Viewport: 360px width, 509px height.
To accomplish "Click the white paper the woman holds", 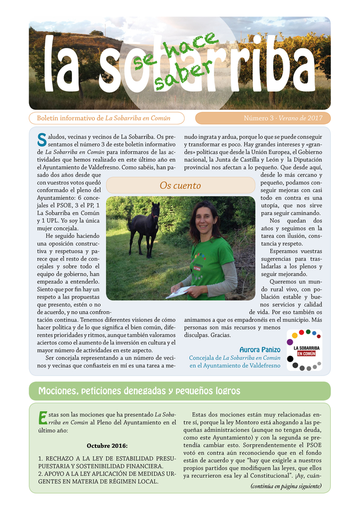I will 179,291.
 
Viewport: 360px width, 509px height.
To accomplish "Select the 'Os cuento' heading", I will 180,185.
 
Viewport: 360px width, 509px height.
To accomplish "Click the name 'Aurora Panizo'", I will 259,350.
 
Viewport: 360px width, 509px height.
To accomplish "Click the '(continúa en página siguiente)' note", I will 286,486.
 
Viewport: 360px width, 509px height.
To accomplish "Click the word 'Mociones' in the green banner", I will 59,391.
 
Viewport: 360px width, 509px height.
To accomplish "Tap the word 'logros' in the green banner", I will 224,391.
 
